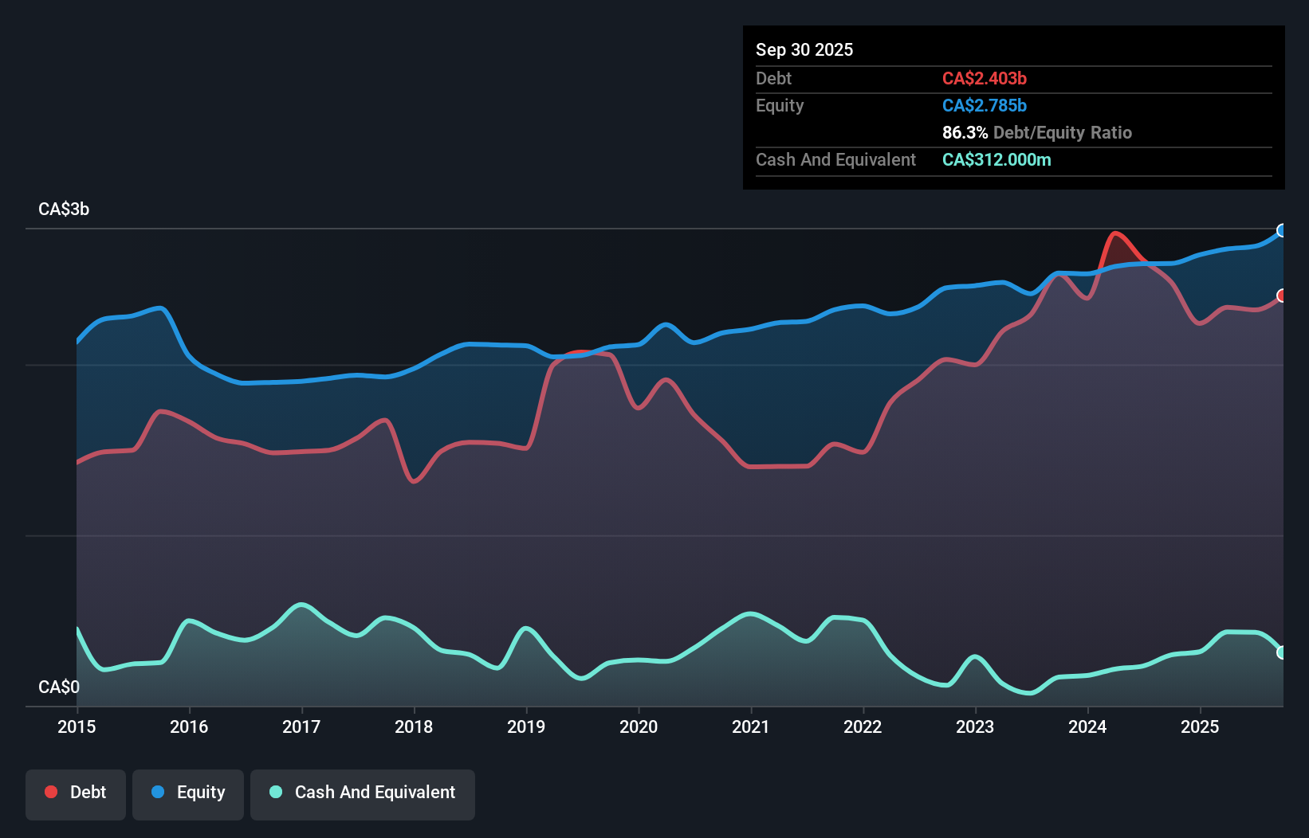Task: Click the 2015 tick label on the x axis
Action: [77, 726]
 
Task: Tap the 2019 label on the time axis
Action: [526, 726]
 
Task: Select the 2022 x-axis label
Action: [863, 726]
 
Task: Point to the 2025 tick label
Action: [1200, 726]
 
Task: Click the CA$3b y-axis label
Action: [64, 209]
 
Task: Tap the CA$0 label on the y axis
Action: [59, 687]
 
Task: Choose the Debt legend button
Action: [76, 793]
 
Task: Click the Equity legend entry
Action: [188, 793]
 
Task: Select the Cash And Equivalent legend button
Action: [363, 793]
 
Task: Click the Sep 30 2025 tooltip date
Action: [804, 50]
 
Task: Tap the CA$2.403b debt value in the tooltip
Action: [985, 79]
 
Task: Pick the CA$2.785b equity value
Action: [985, 106]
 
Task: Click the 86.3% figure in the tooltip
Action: [965, 133]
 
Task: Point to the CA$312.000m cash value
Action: [996, 160]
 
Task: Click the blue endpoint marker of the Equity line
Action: [1282, 231]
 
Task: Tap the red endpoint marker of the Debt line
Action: [1282, 296]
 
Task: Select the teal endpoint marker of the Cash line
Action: [1282, 652]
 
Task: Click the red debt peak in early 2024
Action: [1115, 233]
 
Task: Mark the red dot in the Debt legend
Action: [51, 792]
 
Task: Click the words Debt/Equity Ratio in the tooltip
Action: [1063, 133]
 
